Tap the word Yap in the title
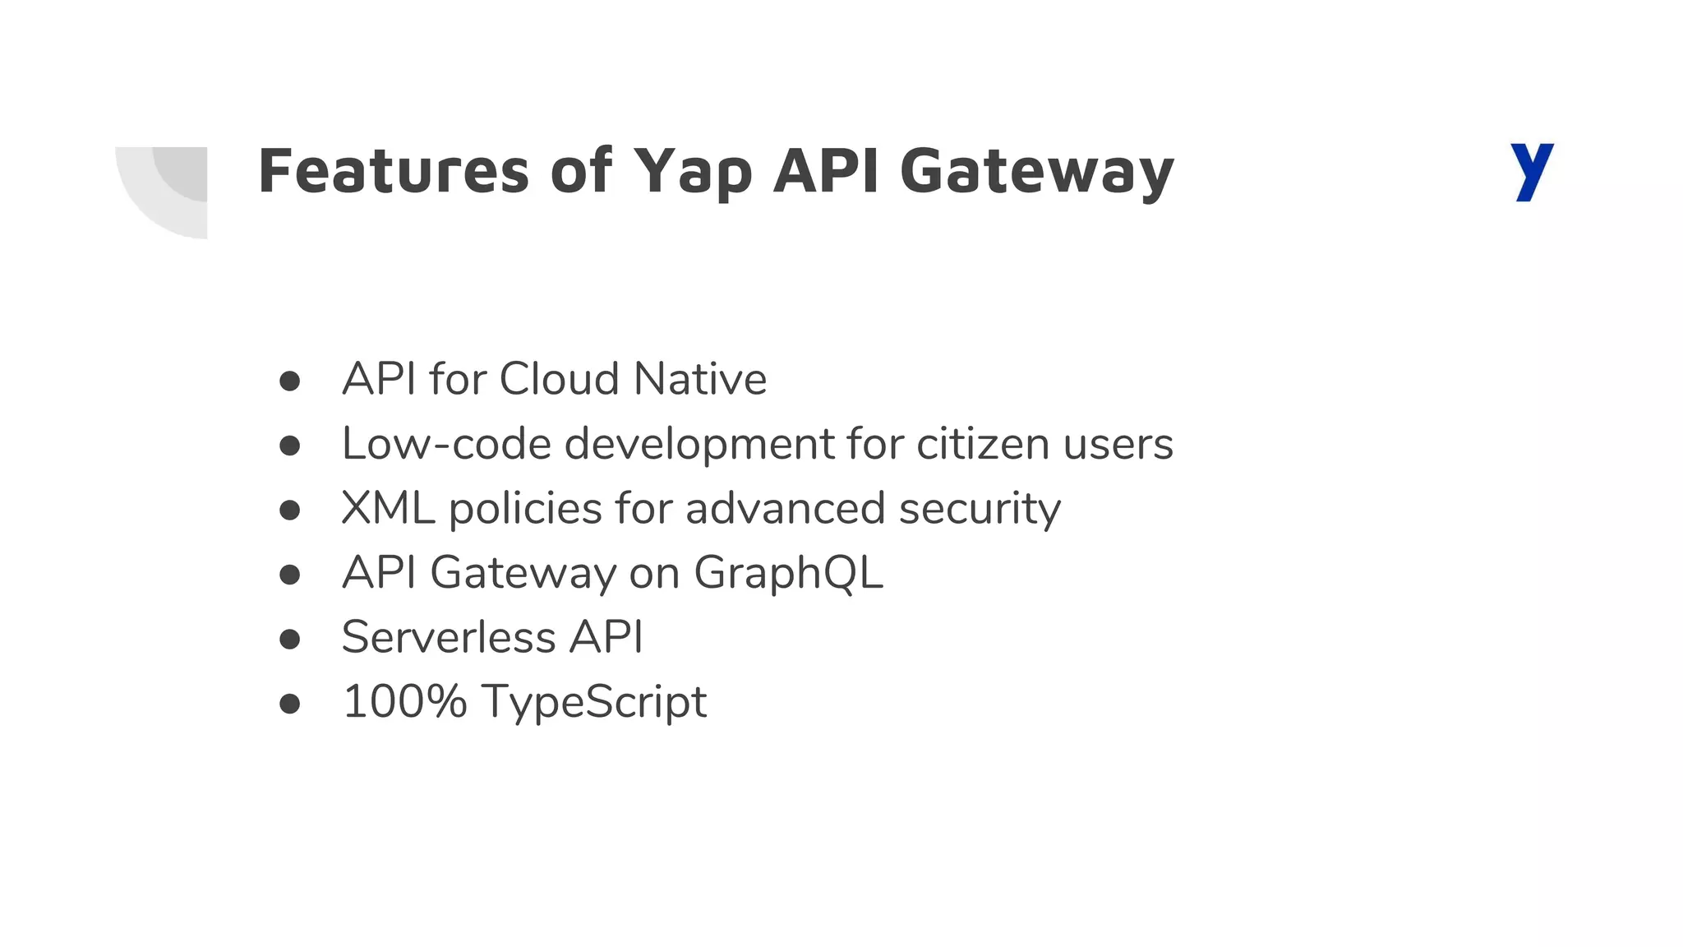[x=693, y=173]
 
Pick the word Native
[x=700, y=379]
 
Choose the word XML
[x=388, y=508]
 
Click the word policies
[x=525, y=510]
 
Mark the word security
[x=980, y=510]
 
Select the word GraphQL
[x=788, y=573]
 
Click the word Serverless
[x=449, y=637]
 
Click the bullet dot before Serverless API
[x=289, y=639]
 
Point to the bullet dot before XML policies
[x=289, y=510]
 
